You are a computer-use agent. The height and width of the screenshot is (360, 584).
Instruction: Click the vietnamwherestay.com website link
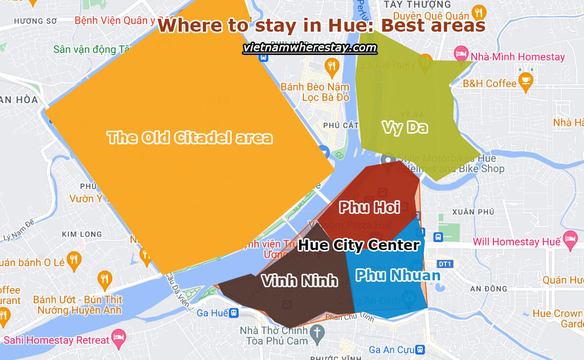[x=310, y=48]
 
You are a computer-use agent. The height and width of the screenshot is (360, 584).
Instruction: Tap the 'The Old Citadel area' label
[x=190, y=137]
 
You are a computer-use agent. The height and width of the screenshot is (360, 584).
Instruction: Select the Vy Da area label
[x=404, y=127]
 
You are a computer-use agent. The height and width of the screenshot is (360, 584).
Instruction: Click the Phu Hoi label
[x=369, y=207]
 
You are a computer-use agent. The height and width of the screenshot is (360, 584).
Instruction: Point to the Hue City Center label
[x=359, y=245]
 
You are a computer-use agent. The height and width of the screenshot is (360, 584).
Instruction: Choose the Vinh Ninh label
[x=299, y=281]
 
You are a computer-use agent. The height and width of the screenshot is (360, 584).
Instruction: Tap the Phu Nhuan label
[x=398, y=275]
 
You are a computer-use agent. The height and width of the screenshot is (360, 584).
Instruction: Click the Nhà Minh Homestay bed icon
[x=461, y=53]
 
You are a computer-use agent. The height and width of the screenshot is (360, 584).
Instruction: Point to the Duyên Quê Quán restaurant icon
[x=478, y=12]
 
